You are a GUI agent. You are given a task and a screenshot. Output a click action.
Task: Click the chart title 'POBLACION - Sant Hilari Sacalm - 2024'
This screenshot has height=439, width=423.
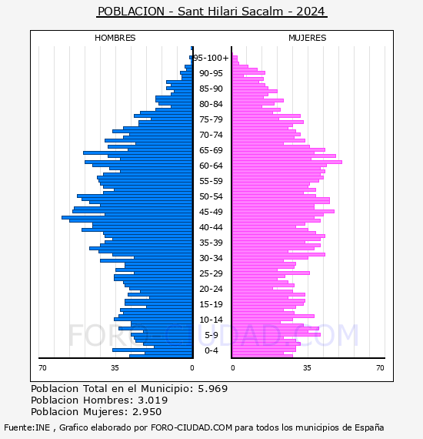211,12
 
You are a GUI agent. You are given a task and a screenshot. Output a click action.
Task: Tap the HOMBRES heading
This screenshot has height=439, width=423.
115,38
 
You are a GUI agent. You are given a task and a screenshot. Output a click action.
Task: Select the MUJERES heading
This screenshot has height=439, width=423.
308,38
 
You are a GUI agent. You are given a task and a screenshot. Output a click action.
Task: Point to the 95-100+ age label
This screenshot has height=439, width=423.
211,58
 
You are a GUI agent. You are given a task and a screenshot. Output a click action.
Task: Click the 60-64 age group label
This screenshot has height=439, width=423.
211,166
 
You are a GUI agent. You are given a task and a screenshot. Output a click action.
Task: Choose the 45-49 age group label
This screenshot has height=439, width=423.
211,212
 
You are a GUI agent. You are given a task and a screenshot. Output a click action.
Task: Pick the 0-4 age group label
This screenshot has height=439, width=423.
211,350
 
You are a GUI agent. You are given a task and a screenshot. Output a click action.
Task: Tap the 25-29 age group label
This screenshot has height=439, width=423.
211,273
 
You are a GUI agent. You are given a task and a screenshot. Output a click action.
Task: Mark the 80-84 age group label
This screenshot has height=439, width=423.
211,104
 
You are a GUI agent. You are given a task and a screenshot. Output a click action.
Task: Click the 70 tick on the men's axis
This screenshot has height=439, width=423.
42,367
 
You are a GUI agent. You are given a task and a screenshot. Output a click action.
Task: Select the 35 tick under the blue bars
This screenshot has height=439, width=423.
115,367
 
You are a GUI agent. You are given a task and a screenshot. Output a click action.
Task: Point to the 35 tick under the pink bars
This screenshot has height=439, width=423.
307,367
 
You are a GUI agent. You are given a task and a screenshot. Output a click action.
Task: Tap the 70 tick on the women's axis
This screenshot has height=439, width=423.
380,367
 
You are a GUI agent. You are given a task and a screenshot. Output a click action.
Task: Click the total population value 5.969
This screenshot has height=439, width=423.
213,389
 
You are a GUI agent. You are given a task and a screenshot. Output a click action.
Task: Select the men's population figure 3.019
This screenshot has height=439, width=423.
152,400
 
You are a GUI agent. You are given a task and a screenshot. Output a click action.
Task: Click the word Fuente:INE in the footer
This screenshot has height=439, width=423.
27,427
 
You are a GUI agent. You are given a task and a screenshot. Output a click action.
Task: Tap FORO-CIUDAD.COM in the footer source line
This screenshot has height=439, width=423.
192,427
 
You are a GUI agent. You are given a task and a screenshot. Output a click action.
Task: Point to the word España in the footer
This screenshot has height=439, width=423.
369,428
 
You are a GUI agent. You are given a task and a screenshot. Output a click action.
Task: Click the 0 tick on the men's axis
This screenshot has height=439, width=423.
192,367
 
